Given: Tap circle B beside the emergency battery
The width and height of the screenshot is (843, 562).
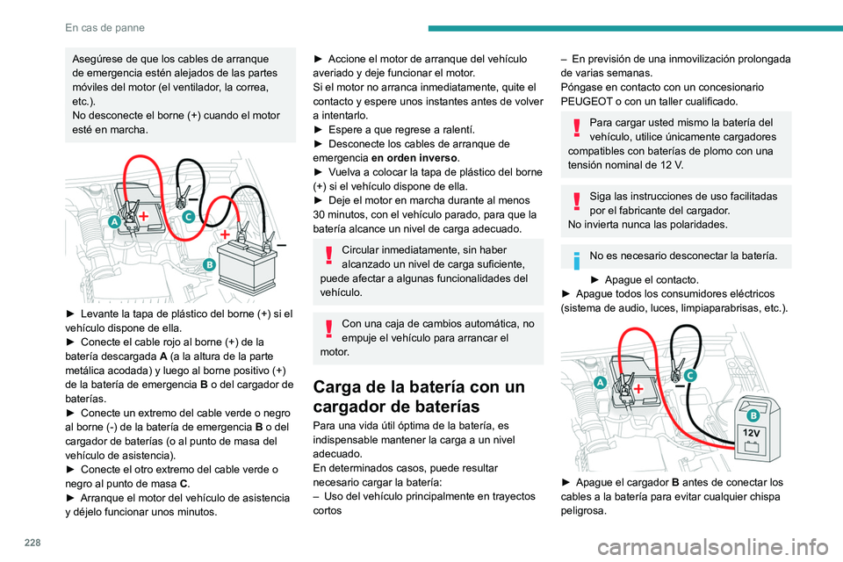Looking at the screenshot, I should pyautogui.click(x=209, y=263).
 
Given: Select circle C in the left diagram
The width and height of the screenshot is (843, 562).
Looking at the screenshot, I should pyautogui.click(x=189, y=215).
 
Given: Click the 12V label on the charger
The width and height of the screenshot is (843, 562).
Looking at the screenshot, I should pyautogui.click(x=752, y=433).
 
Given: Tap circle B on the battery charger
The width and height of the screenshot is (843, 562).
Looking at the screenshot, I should pyautogui.click(x=753, y=414).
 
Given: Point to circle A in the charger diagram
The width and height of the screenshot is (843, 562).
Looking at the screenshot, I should pyautogui.click(x=600, y=382).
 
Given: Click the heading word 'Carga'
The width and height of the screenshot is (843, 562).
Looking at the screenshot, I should pyautogui.click(x=355, y=386).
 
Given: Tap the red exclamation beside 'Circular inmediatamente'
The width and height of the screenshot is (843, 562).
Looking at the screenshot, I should pyautogui.click(x=328, y=256).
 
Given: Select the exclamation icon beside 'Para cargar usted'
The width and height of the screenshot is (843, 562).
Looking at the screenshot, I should pyautogui.click(x=576, y=129).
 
